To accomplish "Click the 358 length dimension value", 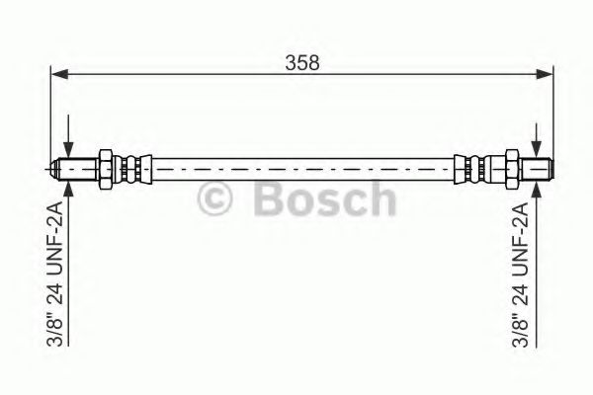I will click(301, 62).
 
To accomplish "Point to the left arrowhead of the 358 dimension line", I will click(58, 72).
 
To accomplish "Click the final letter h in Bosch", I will click(379, 199).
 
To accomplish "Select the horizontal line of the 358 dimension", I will click(198, 72).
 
